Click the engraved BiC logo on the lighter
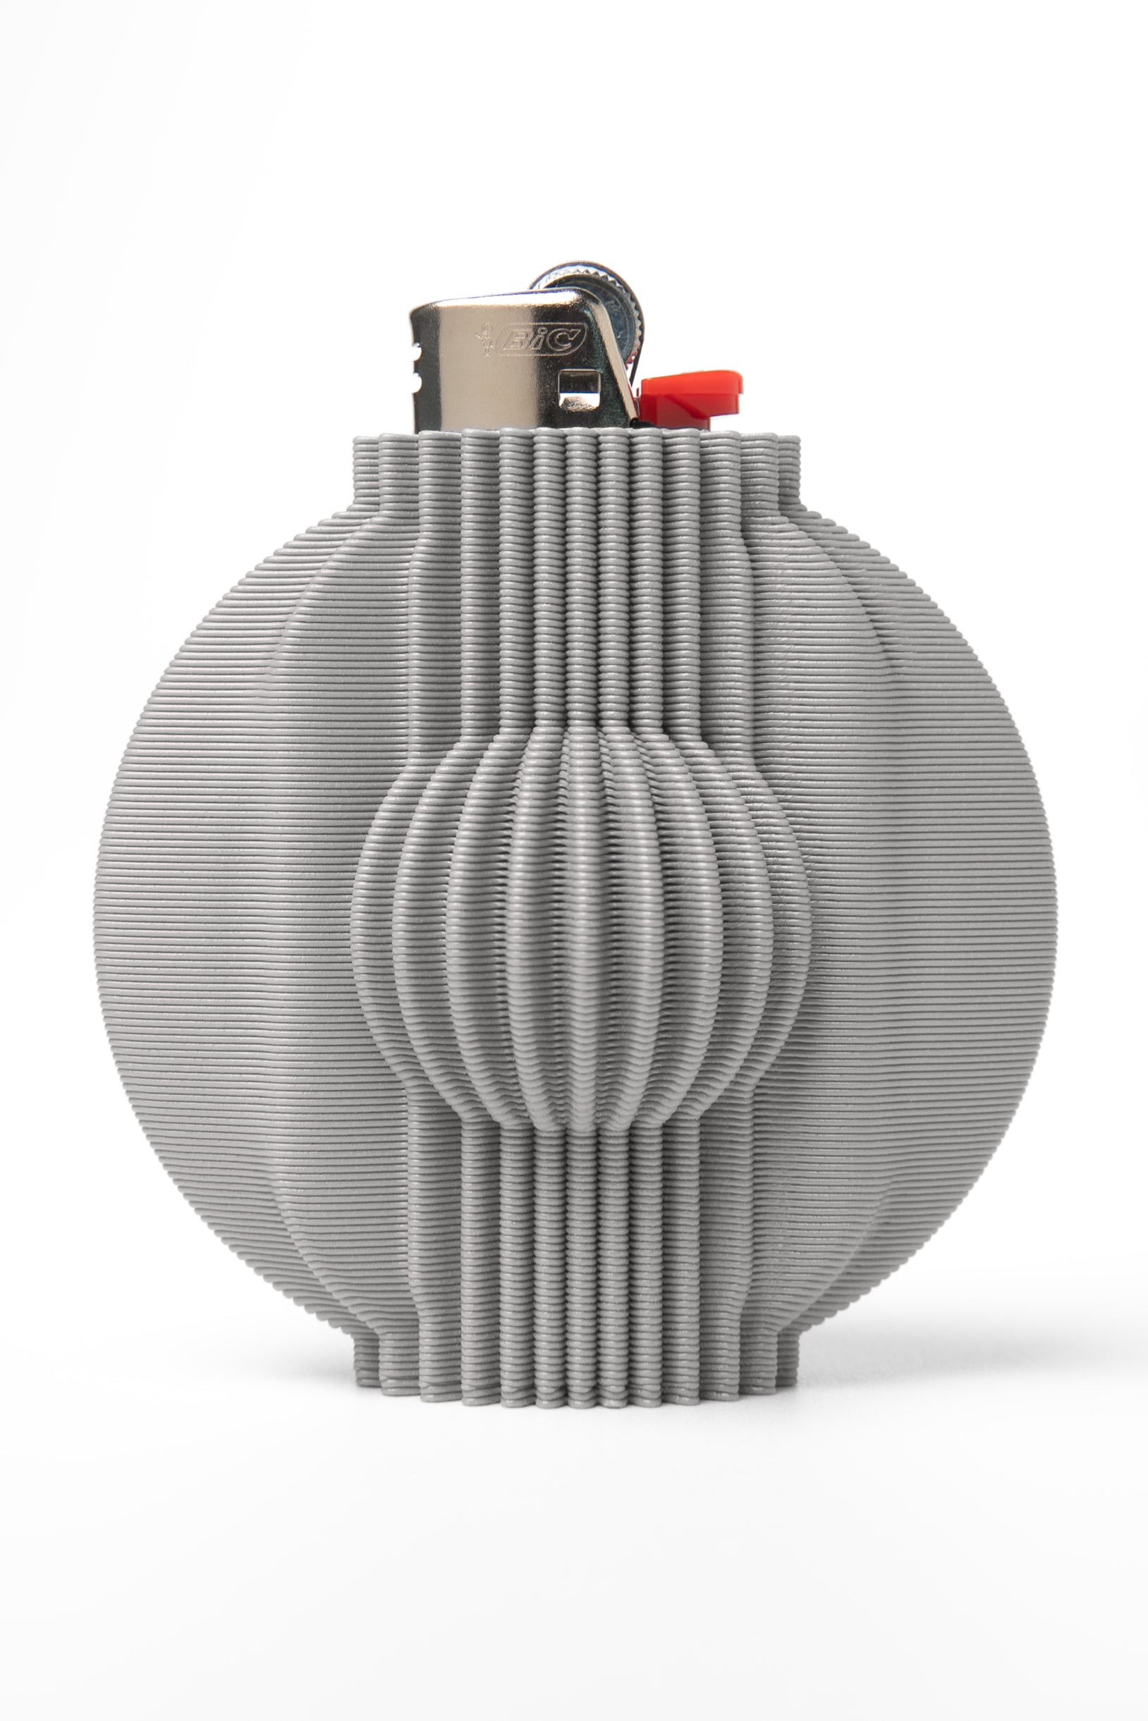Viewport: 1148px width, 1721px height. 542,340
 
